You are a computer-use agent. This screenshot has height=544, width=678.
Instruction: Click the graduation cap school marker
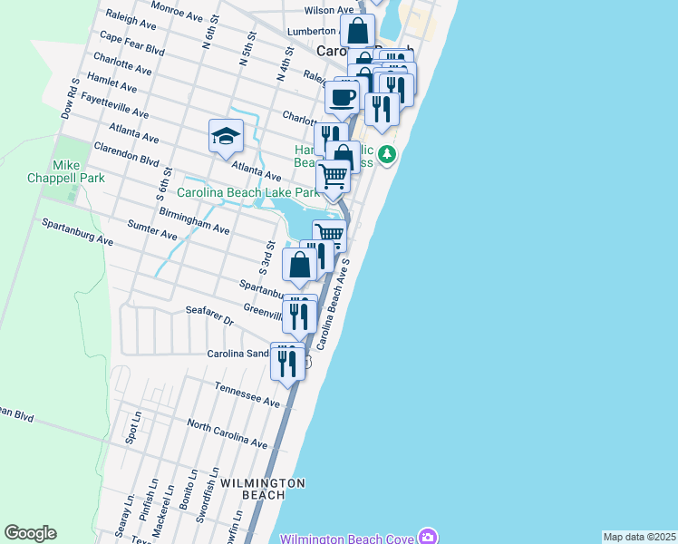(226, 137)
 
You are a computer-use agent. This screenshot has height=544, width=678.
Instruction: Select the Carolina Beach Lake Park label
(247, 192)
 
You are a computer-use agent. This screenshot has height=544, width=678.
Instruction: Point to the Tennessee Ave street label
(247, 393)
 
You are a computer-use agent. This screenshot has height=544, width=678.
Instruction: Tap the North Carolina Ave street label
(228, 433)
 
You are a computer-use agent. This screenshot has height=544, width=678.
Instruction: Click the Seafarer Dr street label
(209, 316)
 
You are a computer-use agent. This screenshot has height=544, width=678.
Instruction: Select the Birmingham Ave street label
(194, 219)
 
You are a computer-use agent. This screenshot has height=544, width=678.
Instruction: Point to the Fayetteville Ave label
(114, 104)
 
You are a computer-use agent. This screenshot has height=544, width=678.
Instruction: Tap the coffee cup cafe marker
(343, 98)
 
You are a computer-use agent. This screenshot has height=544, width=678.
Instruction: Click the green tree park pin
(387, 155)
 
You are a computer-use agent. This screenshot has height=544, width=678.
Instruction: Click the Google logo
(31, 533)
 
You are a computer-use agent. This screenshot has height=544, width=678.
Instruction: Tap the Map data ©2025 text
(640, 537)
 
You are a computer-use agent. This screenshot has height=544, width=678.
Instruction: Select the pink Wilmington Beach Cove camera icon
(427, 538)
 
